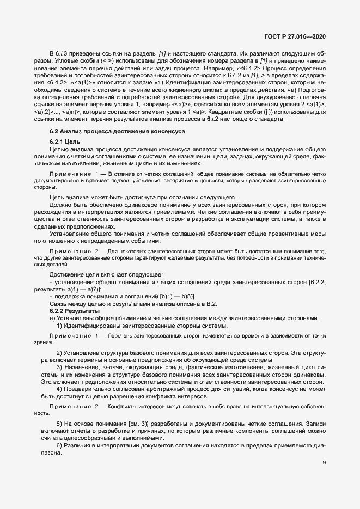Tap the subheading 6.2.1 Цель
(65, 141)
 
